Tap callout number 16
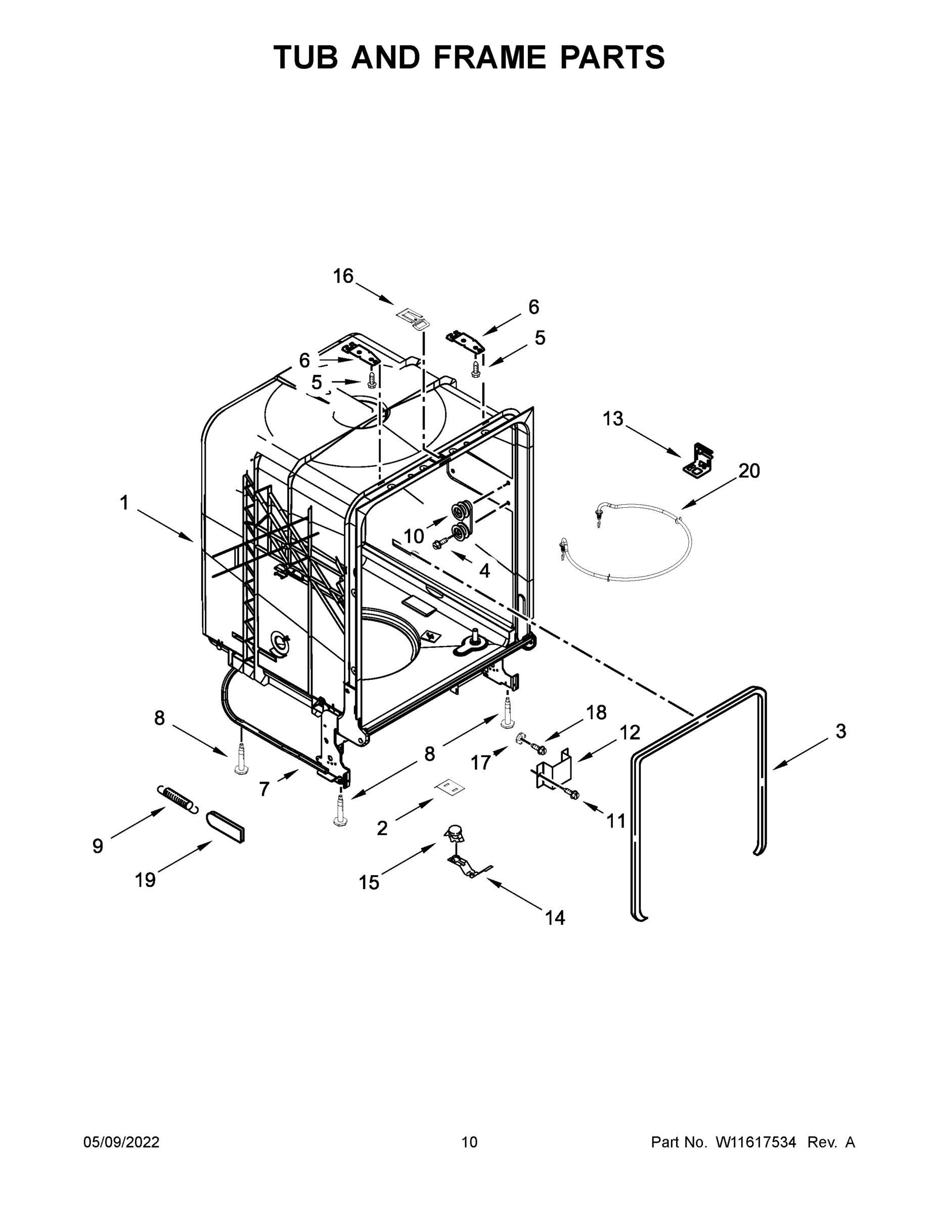coord(343,276)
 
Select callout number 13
coord(613,418)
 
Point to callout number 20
coord(748,471)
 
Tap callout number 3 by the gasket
coord(841,731)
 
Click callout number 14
coord(555,918)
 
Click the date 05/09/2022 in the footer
coord(121,1142)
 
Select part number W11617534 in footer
coord(756,1142)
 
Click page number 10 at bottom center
coord(469,1142)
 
